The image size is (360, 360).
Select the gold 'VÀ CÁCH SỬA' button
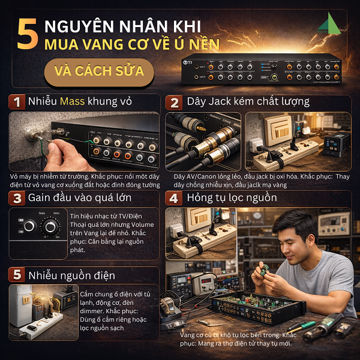click(x=99, y=71)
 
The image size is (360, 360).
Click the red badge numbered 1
click(x=18, y=101)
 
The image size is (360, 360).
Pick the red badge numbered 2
click(x=174, y=101)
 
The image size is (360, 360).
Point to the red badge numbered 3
click(x=18, y=197)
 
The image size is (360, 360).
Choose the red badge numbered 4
click(x=174, y=197)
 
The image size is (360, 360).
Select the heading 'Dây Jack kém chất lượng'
click(x=248, y=101)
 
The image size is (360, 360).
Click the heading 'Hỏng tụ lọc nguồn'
click(x=232, y=197)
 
